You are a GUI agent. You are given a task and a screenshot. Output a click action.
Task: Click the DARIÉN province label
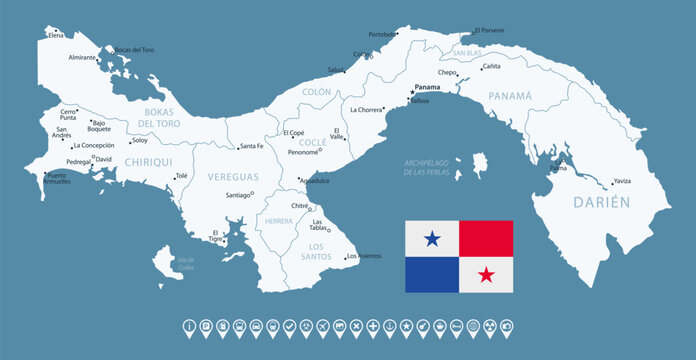point(601,202)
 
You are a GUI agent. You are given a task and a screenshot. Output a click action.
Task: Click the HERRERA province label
point(279,221)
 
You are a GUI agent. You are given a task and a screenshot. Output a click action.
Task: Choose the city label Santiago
point(237,195)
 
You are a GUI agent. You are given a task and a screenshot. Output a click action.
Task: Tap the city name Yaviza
point(622,182)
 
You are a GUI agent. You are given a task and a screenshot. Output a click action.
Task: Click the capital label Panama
point(427,87)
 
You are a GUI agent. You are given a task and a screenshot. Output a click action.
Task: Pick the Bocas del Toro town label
point(134,49)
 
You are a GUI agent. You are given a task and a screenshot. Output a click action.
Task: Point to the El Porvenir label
point(491,30)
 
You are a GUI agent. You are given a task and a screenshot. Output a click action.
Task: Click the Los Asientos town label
point(364,257)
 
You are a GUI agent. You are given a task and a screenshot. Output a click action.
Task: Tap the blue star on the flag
point(432,238)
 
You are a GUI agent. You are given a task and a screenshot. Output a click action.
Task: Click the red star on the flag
point(486,274)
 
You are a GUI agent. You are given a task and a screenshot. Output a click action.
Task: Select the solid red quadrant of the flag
point(486,238)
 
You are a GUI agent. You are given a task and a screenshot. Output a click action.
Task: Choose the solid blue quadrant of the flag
point(432,274)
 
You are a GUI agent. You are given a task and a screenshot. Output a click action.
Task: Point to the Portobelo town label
point(382,34)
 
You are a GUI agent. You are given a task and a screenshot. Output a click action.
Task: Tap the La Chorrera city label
point(366,108)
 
